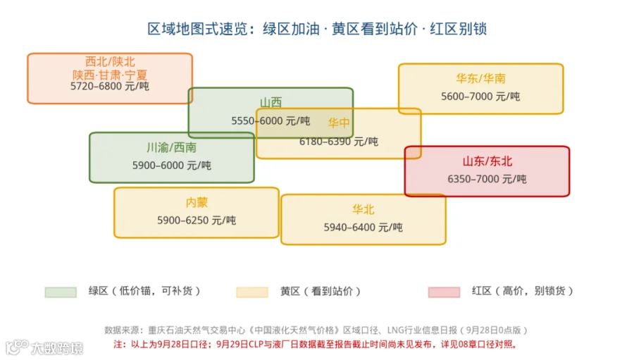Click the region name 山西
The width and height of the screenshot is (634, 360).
[x=271, y=102]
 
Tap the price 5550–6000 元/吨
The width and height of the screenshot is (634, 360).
[x=271, y=120]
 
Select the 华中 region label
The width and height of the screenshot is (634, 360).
[x=339, y=123]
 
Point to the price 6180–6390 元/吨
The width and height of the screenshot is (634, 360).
[x=339, y=141]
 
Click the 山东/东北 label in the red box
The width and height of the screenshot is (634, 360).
[x=487, y=161]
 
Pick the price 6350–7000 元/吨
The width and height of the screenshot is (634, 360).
[x=487, y=179]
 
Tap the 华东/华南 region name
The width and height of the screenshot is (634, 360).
[x=480, y=78]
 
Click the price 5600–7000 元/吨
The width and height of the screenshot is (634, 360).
[x=480, y=97]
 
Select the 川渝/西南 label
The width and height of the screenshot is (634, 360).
[x=171, y=147]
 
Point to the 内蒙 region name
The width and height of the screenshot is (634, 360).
[x=197, y=202]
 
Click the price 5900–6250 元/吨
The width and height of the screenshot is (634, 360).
[x=197, y=220]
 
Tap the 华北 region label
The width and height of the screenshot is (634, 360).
[x=363, y=209]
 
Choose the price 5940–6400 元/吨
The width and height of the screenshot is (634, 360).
[x=363, y=228]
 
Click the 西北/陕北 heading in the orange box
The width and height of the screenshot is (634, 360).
[x=110, y=61]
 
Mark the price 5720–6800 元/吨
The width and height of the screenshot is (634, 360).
[x=110, y=86]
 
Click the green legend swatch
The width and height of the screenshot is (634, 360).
[x=61, y=292]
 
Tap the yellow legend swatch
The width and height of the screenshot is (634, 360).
[x=252, y=292]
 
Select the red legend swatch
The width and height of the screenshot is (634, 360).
[x=444, y=292]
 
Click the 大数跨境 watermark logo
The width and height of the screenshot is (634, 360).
[x=44, y=348]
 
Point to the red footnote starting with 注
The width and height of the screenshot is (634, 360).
[x=316, y=345]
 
